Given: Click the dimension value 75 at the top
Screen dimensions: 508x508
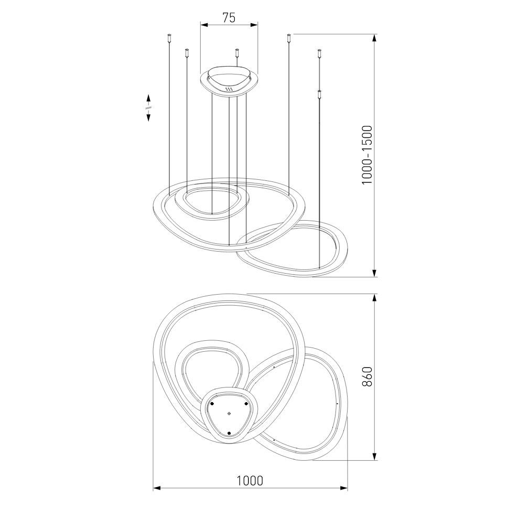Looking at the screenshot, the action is [x=229, y=17].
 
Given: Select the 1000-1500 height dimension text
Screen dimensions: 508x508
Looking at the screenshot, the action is [x=367, y=155].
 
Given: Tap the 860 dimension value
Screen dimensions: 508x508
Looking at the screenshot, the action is [x=367, y=376].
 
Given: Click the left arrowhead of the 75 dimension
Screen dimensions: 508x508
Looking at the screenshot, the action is [x=204, y=25].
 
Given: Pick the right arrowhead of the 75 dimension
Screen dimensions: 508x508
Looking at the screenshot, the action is [x=254, y=25].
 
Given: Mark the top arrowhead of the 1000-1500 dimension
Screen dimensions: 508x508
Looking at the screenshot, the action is [x=374, y=38].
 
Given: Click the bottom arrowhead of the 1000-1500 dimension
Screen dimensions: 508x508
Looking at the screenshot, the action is [x=374, y=273].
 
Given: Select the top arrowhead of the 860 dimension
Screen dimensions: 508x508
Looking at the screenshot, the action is [x=374, y=298].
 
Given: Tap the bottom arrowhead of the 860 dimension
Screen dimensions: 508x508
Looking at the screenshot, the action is [x=374, y=456].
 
